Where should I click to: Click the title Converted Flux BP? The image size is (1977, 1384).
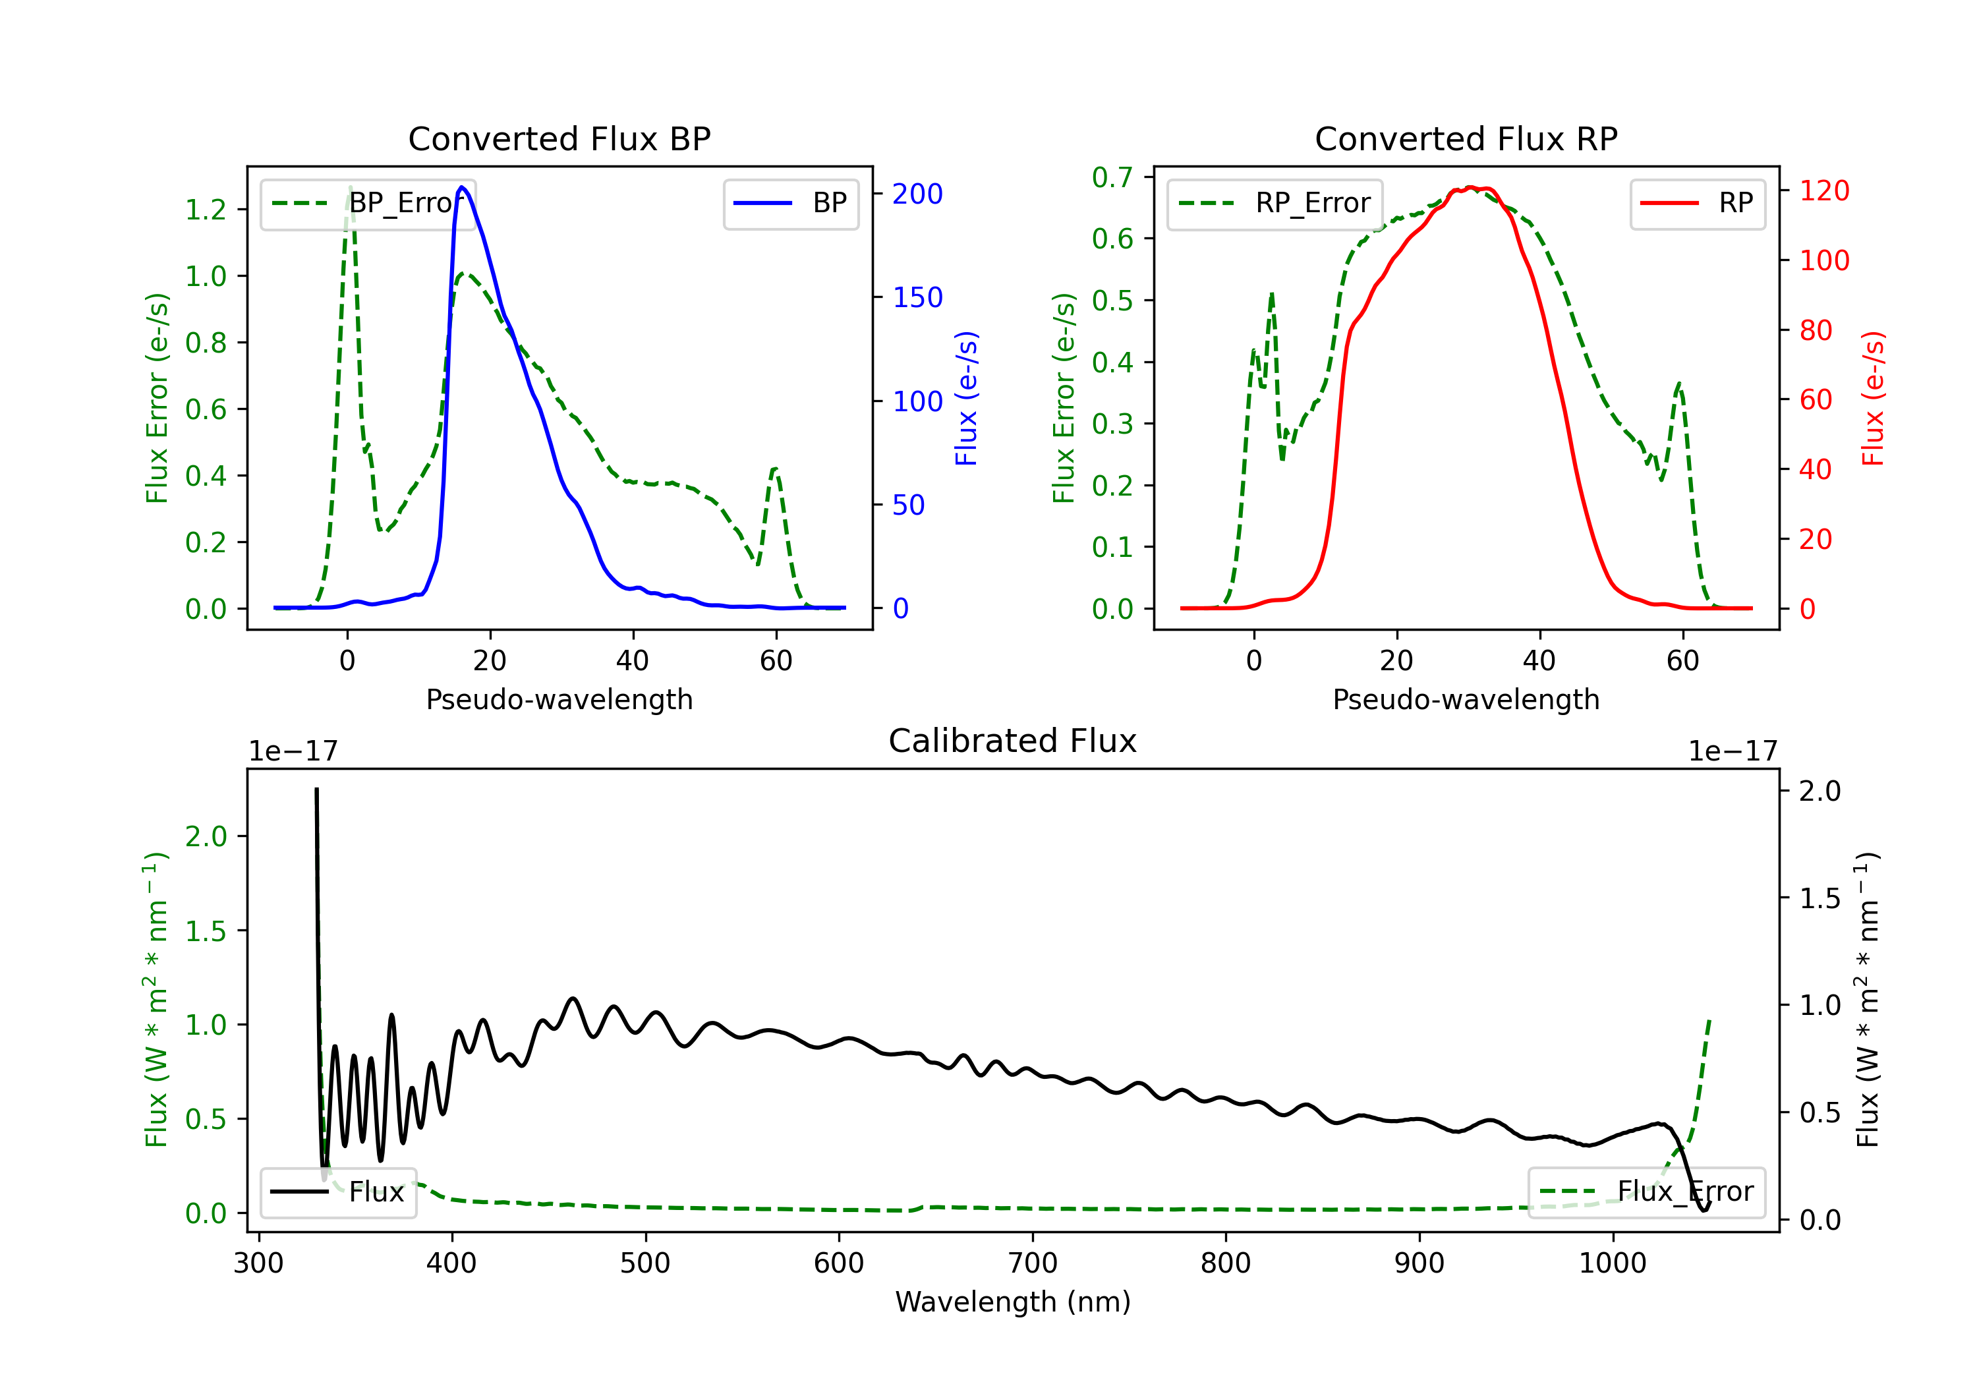559,138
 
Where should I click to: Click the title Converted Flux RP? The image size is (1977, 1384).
1466,138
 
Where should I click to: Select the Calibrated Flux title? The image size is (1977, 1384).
1013,741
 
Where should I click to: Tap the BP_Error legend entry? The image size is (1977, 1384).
368,203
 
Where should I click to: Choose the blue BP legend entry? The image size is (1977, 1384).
790,203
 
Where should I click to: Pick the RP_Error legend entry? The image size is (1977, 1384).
1275,203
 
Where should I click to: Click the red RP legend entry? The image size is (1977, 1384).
1697,203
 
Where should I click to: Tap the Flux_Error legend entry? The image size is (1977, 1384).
1646,1192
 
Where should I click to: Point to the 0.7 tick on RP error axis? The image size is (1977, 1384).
1112,177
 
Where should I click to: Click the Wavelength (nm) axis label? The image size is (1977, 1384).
1013,1302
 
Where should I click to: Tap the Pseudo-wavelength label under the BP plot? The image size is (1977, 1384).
559,699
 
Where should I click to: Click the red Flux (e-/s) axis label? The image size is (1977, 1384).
1873,399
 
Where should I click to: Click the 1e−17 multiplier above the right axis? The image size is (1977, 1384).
1733,752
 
